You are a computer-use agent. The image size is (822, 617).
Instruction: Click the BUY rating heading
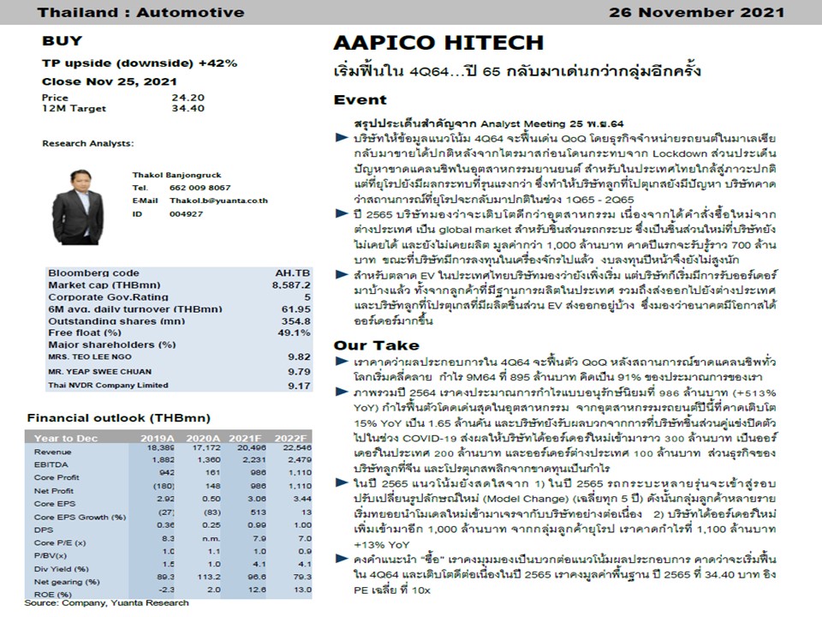[x=63, y=40]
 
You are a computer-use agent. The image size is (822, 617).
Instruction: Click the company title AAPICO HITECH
[x=438, y=43]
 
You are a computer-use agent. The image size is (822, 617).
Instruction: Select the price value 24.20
[x=188, y=98]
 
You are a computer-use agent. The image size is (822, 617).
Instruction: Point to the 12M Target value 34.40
[x=188, y=109]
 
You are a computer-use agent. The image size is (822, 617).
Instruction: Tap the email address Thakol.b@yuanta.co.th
[x=217, y=201]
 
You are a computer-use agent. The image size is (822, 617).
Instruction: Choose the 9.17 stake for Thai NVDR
[x=298, y=386]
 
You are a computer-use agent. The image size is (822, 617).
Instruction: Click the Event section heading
[x=360, y=100]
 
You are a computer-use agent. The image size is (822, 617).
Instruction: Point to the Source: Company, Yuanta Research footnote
[x=106, y=603]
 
